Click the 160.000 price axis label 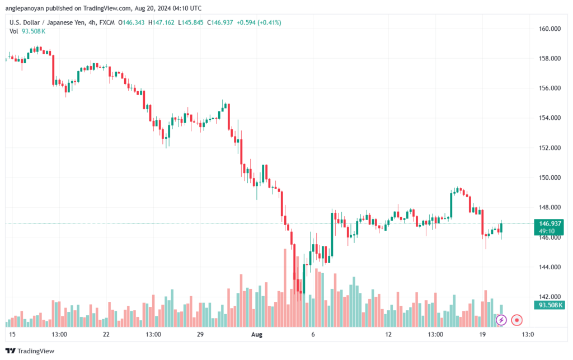549,29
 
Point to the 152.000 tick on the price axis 549,148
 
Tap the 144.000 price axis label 549,267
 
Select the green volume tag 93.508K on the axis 549,305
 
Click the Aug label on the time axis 256,334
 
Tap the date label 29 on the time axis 200,334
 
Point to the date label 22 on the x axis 106,334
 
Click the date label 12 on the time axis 388,334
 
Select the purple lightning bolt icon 501,320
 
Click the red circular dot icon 516,320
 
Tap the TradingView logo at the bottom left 30,351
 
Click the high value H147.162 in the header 161,22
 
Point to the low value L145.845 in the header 191,22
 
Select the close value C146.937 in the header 220,22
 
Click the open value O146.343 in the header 131,22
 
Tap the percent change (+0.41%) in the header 269,22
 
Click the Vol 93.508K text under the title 27,31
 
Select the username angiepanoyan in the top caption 25,8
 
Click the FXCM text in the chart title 107,22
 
